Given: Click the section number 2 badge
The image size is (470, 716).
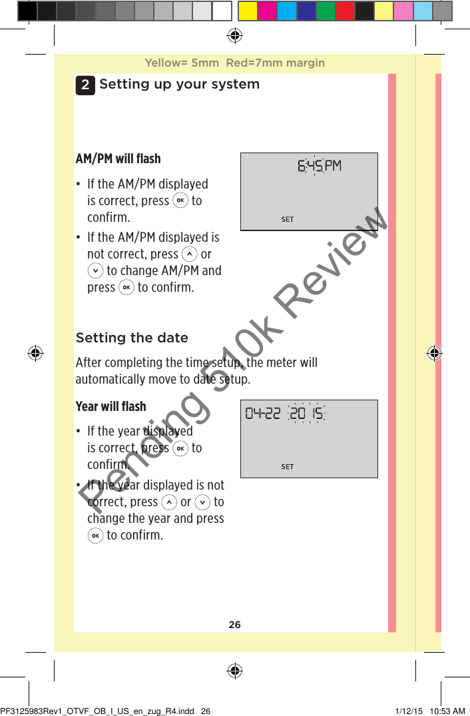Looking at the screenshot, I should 85,85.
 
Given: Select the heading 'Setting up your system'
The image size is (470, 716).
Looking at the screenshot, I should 179,85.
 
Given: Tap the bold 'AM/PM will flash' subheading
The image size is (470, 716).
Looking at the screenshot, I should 118,159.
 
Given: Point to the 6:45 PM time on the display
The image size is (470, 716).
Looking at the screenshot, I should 319,166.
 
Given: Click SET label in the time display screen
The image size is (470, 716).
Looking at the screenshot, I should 287,219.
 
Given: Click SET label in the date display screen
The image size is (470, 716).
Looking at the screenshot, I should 287,467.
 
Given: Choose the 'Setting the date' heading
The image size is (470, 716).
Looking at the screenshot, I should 132,338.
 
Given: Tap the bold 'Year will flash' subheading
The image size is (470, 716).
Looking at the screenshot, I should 111,406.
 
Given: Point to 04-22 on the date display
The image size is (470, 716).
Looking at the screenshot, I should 263,414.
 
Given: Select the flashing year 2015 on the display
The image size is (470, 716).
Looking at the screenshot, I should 306,414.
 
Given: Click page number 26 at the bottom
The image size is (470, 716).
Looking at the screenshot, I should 234,625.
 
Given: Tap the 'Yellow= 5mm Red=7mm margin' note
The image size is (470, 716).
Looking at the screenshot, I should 234,63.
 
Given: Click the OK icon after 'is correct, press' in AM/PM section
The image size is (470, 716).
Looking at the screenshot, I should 180,200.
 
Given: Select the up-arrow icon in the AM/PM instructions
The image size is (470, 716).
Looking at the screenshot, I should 190,254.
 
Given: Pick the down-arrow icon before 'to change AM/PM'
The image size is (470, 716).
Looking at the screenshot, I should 95,270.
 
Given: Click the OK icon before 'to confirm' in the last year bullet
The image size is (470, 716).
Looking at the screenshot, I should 95,535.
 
